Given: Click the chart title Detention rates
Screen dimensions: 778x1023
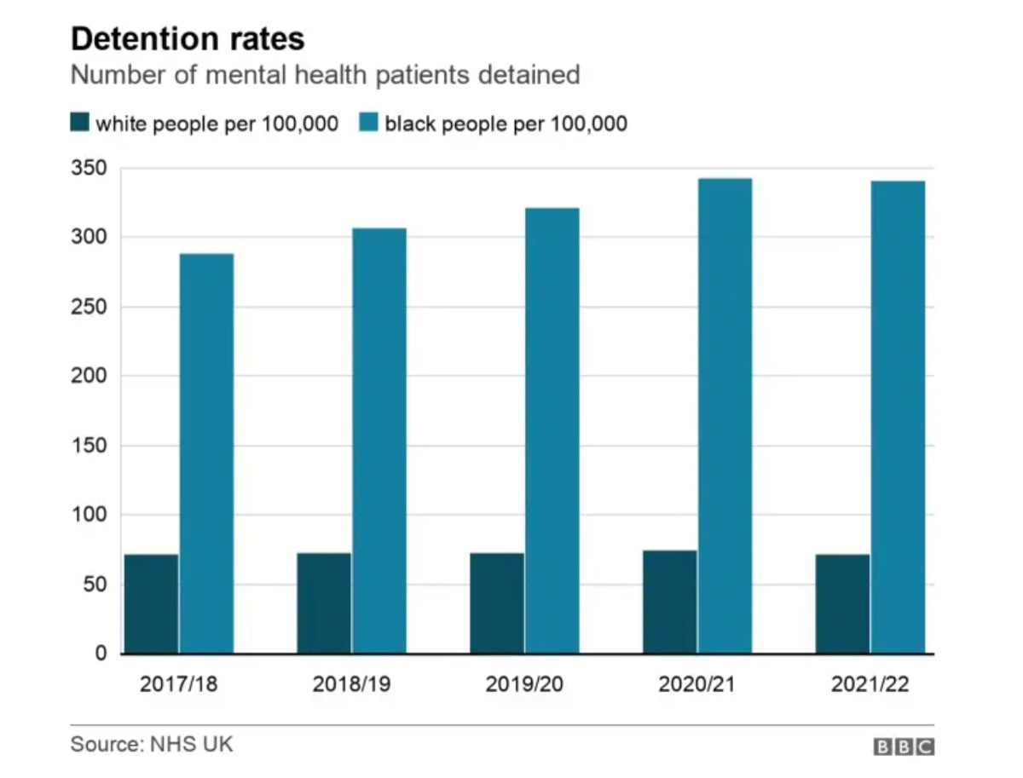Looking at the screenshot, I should tap(187, 39).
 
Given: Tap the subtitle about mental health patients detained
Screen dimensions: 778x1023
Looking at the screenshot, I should tap(325, 75).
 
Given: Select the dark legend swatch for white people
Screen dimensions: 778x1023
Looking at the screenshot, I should tap(79, 124).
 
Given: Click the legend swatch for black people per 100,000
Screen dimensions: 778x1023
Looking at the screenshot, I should tap(368, 124).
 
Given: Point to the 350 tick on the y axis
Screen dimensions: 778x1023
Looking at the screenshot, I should tap(90, 168).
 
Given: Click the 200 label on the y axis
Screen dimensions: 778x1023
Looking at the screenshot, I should tap(90, 376).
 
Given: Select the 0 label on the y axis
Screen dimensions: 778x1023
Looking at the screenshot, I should tap(101, 654).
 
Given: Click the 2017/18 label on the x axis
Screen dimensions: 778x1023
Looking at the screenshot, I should tap(179, 684).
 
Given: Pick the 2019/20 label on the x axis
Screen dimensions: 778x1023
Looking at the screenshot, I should tap(524, 684).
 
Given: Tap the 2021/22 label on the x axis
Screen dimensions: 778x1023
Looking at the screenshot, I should tap(870, 684).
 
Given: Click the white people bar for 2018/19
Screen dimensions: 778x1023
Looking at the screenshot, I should tap(324, 603).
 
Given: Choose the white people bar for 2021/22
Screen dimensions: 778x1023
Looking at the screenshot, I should tap(842, 604).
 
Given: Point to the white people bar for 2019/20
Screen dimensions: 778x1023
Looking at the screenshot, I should tap(497, 603).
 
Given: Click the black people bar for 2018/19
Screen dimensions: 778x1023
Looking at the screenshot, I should tap(379, 441).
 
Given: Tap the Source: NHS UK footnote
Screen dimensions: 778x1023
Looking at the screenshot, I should tap(151, 744).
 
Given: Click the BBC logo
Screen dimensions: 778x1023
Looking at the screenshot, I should tap(904, 747).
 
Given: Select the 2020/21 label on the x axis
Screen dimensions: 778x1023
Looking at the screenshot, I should tap(697, 684).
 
